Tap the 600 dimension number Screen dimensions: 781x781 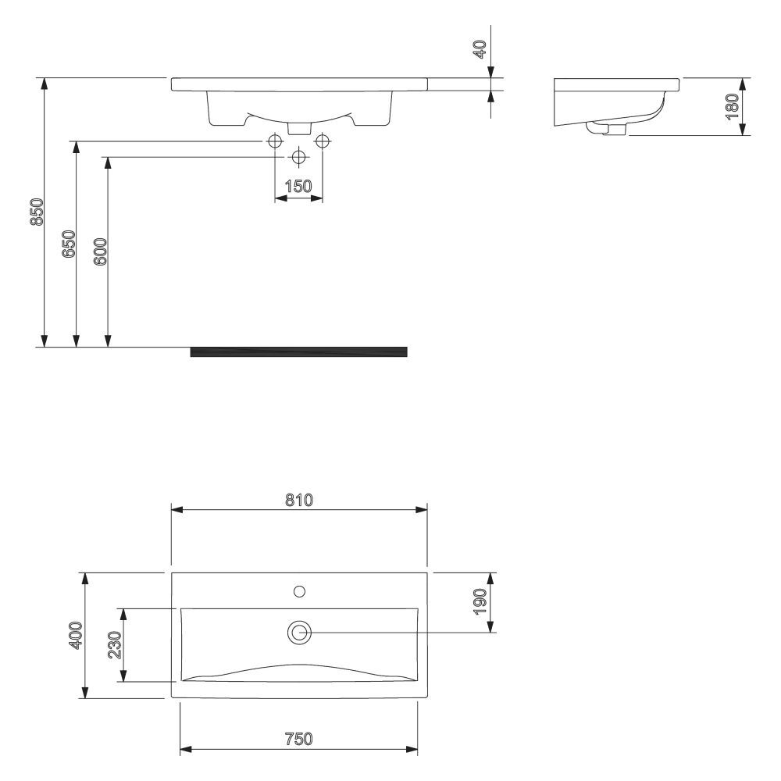(100, 251)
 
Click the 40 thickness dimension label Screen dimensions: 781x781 (481, 50)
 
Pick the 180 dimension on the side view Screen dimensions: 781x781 (732, 105)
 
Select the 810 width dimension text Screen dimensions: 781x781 (299, 500)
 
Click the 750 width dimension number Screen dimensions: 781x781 (299, 739)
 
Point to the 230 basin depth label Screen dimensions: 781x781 (114, 645)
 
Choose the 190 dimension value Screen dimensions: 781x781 (481, 602)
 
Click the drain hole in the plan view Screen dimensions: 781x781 (299, 632)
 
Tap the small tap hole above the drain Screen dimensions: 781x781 (299, 591)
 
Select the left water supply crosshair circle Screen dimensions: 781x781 (275, 141)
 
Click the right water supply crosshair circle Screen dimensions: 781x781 (322, 141)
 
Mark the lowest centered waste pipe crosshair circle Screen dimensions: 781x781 (298, 157)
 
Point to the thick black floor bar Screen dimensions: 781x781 (298, 351)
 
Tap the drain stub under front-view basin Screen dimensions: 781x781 (298, 127)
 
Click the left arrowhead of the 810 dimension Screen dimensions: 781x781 (177, 509)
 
